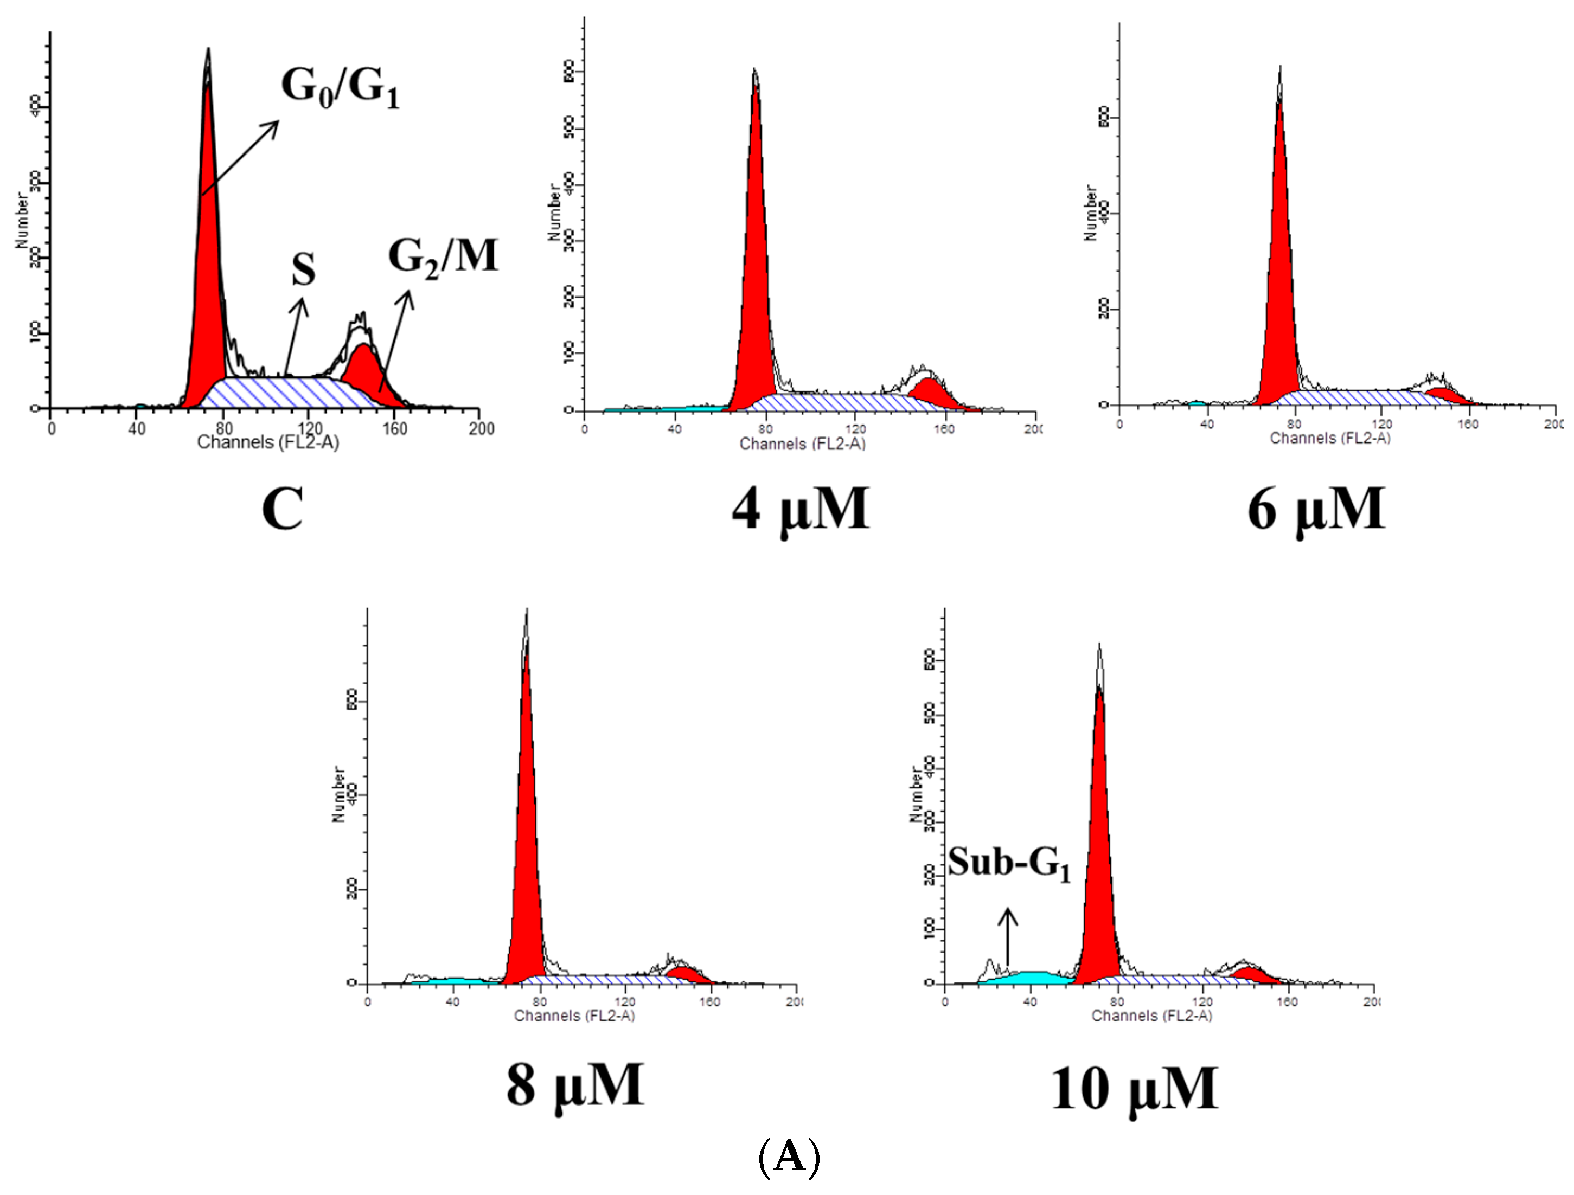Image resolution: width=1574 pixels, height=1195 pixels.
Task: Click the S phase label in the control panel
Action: [303, 271]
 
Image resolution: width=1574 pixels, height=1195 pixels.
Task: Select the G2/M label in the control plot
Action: [443, 258]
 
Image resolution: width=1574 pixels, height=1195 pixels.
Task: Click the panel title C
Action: [283, 509]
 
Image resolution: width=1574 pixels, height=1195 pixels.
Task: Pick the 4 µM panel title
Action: [801, 509]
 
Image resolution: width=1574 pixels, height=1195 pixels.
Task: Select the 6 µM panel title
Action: [1316, 509]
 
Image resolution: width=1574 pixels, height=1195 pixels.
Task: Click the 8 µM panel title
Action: [575, 1085]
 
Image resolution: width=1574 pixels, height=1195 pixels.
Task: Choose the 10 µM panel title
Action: [1134, 1088]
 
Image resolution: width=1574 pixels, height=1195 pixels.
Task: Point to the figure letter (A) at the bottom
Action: [789, 1157]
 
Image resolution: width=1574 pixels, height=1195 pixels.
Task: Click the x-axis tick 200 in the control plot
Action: [482, 428]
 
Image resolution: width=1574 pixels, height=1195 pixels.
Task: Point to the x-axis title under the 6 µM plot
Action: [1330, 438]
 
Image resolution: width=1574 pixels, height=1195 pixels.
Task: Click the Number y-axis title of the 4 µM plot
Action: [554, 212]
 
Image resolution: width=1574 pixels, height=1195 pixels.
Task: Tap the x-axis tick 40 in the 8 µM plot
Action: [452, 1001]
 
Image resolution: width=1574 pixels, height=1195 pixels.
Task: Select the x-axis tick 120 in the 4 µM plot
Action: [855, 429]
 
